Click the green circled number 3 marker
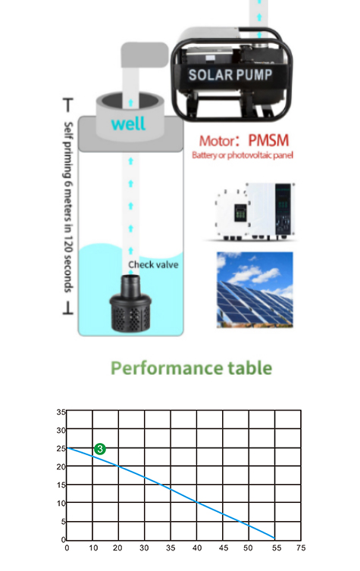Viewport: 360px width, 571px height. (100, 449)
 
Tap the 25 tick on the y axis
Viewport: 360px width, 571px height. (61, 448)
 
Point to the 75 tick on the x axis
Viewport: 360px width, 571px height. (301, 548)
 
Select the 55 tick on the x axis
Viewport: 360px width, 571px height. (276, 548)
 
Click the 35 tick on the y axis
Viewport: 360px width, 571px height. (61, 412)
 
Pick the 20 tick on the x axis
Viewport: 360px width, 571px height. (117, 548)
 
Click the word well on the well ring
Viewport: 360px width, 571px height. (128, 123)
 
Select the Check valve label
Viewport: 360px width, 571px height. (153, 264)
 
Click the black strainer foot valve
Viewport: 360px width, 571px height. (130, 304)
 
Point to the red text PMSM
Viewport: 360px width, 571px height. (268, 140)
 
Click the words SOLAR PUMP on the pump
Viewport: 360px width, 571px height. (230, 75)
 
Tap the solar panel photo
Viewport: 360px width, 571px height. (255, 289)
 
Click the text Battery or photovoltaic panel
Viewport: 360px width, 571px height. (243, 155)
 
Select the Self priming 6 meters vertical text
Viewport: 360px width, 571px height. (68, 207)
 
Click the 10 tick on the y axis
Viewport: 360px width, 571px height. (61, 503)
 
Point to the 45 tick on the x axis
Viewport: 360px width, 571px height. (224, 548)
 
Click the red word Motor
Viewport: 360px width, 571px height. (218, 141)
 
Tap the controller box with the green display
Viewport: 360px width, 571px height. (255, 211)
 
